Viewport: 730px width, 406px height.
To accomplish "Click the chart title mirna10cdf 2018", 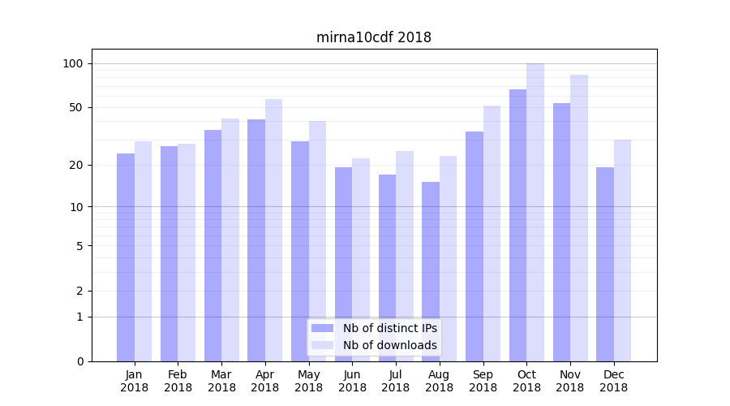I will click(373, 37).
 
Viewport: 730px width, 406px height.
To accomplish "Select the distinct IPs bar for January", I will click(126, 257).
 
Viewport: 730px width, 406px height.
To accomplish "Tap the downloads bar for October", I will click(535, 212).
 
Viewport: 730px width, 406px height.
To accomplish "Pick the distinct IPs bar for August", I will click(431, 271).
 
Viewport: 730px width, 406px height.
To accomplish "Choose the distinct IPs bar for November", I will click(561, 231).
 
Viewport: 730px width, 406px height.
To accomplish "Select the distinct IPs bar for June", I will click(343, 264).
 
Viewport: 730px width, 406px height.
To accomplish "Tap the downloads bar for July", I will click(405, 256).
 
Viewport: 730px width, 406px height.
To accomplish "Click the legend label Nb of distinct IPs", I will click(389, 328).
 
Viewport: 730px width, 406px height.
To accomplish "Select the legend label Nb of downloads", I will click(389, 345).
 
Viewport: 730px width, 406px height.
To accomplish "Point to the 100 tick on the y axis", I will click(73, 63).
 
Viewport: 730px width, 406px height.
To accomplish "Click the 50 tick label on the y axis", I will click(75, 107).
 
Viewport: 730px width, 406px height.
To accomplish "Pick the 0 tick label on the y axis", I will click(79, 361).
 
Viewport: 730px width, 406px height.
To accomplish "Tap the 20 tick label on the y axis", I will click(75, 165).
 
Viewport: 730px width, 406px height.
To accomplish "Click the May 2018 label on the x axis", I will click(309, 381).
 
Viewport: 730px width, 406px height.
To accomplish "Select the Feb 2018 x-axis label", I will click(178, 381).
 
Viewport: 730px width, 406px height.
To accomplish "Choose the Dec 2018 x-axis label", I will click(613, 381).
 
